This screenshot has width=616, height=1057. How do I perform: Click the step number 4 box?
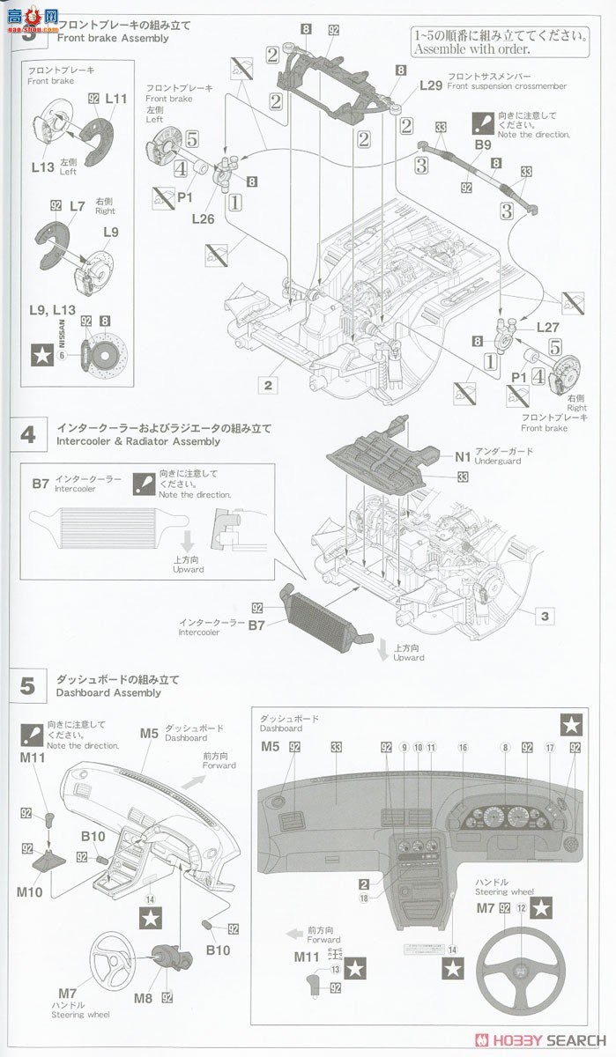(x=28, y=434)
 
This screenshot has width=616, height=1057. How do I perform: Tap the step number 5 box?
(x=28, y=685)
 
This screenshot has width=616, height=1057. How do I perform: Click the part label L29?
(x=431, y=85)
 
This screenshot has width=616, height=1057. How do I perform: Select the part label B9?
(x=483, y=144)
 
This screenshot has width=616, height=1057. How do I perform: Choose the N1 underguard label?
(x=464, y=456)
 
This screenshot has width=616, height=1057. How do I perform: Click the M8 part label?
(x=144, y=999)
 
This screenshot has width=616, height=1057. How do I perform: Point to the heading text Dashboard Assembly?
(x=108, y=692)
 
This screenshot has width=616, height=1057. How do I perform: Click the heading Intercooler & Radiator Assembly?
(x=137, y=441)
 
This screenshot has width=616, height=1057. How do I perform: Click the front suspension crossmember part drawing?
(x=335, y=79)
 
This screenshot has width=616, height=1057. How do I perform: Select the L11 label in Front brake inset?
(x=115, y=100)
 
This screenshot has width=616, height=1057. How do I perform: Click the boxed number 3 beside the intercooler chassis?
(x=545, y=617)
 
